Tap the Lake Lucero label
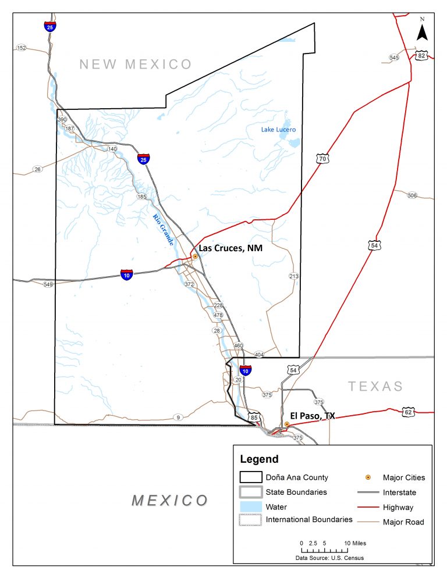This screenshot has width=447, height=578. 278,130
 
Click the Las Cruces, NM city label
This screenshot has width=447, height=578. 230,248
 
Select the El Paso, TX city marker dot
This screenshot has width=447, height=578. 287,424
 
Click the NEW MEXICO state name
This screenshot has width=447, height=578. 136,65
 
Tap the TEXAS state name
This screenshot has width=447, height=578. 375,386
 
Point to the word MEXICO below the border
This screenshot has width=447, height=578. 169,500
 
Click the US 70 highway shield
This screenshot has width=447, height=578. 322,158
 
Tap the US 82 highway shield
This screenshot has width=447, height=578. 421,55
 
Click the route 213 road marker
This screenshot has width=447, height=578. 293,276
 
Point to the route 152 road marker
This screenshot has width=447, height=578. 22,48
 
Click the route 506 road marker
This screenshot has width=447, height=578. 412,195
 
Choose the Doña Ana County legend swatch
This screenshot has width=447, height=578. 251,477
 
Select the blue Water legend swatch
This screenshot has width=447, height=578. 251,506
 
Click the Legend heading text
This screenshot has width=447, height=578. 259,459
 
